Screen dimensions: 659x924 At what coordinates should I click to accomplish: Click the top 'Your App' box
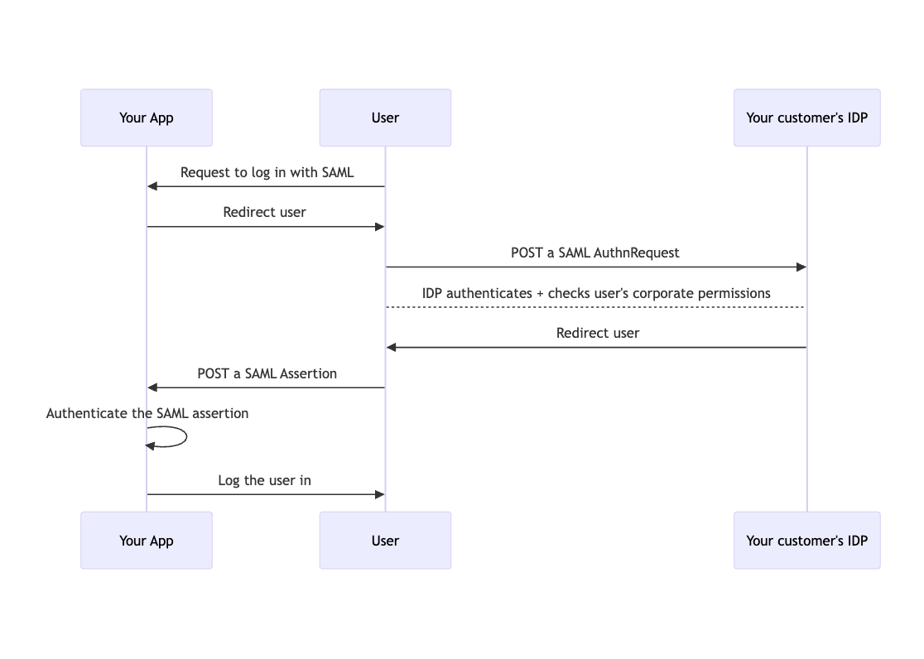(147, 118)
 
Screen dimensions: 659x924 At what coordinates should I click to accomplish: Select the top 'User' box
(385, 118)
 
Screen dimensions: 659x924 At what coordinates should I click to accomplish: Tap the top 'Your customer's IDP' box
(806, 118)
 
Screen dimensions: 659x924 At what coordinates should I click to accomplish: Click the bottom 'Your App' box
(147, 541)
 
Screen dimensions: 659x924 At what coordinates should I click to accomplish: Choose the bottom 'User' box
(385, 541)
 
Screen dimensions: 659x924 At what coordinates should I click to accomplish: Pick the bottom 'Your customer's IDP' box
(806, 541)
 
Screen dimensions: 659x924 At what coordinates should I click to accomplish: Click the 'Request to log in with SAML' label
(267, 172)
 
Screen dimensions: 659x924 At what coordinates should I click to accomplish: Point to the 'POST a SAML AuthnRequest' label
(594, 253)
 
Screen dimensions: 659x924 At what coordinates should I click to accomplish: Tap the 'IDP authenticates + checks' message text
(596, 293)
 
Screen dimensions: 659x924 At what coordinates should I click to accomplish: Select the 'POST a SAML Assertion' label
(267, 373)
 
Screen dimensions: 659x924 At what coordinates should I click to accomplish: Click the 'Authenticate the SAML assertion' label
(147, 413)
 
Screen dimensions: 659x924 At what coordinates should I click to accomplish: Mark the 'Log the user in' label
(264, 480)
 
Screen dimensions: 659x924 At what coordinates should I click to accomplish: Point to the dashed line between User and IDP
(596, 307)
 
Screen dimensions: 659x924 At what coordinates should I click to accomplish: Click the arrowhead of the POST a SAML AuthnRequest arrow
(801, 267)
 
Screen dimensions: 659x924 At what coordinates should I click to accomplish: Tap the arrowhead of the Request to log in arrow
(152, 186)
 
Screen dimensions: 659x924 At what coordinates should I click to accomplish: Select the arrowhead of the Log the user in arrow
(379, 494)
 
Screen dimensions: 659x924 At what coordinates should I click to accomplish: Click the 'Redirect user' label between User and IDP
(598, 333)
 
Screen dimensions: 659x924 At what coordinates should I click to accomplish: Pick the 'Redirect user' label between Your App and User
(264, 212)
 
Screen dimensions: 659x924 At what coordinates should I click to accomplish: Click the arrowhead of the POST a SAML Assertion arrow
(152, 387)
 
